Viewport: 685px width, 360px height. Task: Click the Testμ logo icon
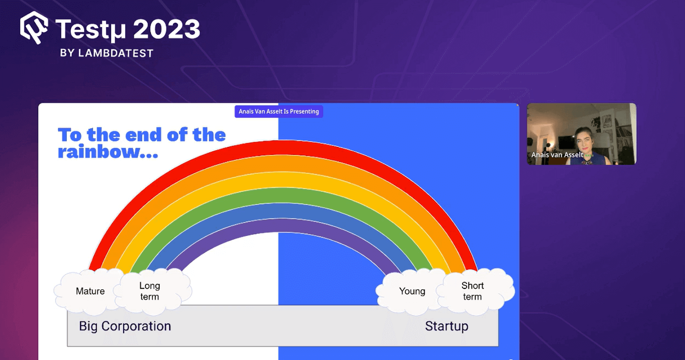tap(34, 28)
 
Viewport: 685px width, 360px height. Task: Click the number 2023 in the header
tap(167, 30)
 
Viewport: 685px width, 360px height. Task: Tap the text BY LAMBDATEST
tap(107, 53)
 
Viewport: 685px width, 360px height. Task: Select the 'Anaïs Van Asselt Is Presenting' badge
tap(279, 111)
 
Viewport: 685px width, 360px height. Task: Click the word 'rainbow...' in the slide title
tap(108, 152)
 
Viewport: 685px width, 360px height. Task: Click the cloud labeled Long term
tap(150, 291)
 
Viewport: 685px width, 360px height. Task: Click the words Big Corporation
tap(125, 326)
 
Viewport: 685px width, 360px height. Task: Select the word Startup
tap(447, 326)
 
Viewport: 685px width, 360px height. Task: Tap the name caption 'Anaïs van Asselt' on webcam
tap(557, 155)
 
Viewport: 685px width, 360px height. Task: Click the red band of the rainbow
tap(278, 147)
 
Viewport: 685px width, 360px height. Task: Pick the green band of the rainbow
tap(278, 195)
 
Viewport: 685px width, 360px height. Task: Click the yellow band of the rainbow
tap(278, 179)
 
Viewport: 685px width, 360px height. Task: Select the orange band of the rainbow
tap(278, 164)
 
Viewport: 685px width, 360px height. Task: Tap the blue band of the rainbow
tap(278, 211)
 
